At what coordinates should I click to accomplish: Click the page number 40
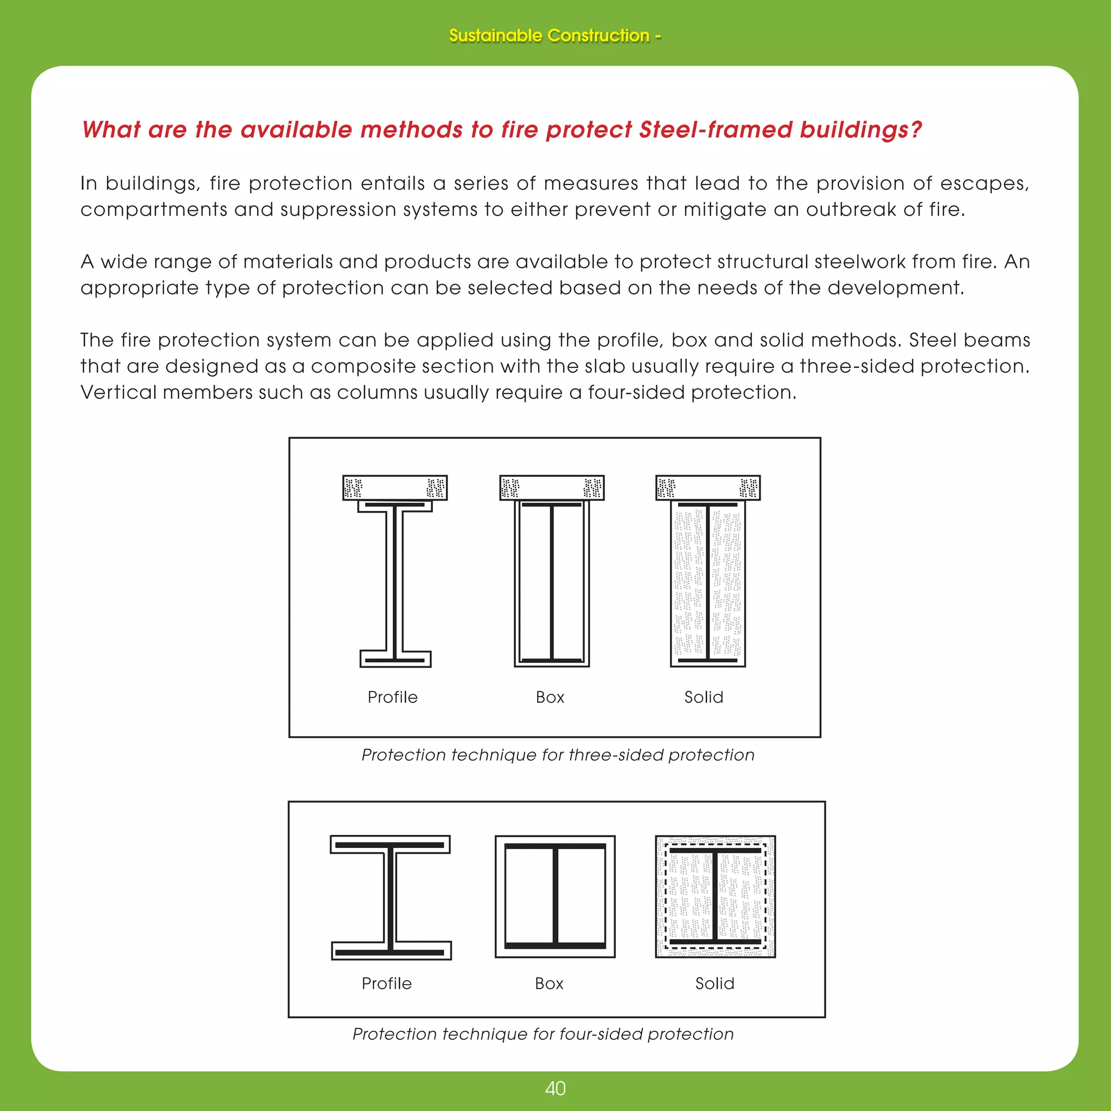click(555, 1088)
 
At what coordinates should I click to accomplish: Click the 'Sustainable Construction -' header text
click(554, 36)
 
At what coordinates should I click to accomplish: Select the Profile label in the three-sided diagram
click(393, 697)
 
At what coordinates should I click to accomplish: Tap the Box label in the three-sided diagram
click(550, 697)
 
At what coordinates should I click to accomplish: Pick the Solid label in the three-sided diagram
click(703, 697)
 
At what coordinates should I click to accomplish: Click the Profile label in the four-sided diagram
click(386, 984)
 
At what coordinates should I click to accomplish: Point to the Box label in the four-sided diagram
click(548, 984)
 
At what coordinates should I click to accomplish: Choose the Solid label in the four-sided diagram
click(714, 984)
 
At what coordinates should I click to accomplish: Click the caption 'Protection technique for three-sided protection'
click(557, 755)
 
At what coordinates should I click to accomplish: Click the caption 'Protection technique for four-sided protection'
click(543, 1034)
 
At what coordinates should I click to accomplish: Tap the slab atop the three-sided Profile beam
click(394, 488)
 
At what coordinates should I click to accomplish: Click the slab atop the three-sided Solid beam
click(707, 488)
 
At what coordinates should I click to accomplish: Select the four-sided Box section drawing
click(555, 897)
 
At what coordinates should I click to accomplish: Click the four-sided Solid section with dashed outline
click(716, 897)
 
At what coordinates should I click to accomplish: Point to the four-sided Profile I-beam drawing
click(391, 897)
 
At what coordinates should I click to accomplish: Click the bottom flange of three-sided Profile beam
click(395, 660)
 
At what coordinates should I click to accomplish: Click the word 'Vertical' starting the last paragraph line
click(118, 392)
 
